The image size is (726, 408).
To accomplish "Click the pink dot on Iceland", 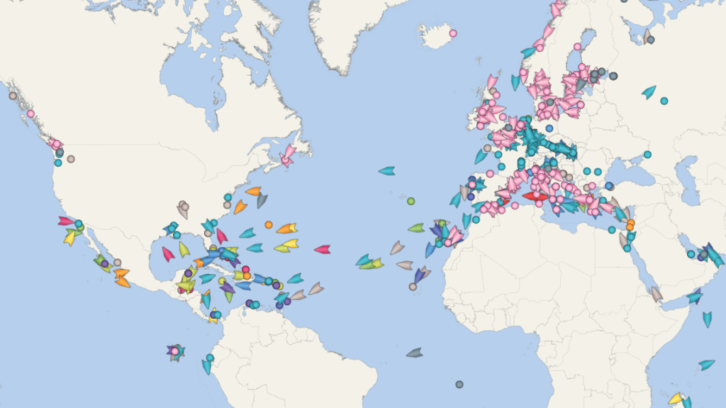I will tap(453, 33).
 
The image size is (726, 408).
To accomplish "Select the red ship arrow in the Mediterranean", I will tap(535, 197).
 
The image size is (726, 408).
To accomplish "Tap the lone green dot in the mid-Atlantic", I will tap(411, 201).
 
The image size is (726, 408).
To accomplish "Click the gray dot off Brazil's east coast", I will tap(459, 384).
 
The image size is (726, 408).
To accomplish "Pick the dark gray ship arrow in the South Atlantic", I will tap(415, 353).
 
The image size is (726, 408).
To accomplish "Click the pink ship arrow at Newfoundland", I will tap(288, 157).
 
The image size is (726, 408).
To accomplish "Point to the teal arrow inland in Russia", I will tap(649, 92).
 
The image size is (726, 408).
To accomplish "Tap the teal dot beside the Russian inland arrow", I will tap(664, 101).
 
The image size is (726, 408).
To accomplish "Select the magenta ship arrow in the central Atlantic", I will tap(323, 249).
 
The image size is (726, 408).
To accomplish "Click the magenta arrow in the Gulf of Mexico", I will tap(168, 253).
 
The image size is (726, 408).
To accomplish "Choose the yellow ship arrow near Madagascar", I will tap(676, 398).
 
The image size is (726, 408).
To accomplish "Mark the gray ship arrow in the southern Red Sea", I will tap(657, 293).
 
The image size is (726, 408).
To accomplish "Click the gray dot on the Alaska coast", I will tap(12, 96).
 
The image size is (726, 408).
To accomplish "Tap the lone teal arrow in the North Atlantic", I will tap(386, 170).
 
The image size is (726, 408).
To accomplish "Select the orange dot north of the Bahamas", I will tap(268, 224).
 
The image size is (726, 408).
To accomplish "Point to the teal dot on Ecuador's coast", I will tap(210, 358).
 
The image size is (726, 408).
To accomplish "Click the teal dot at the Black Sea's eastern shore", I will tap(647, 155).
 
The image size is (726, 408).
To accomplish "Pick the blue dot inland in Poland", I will tap(549, 128).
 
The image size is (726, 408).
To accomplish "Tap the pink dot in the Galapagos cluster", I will tap(174, 351).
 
